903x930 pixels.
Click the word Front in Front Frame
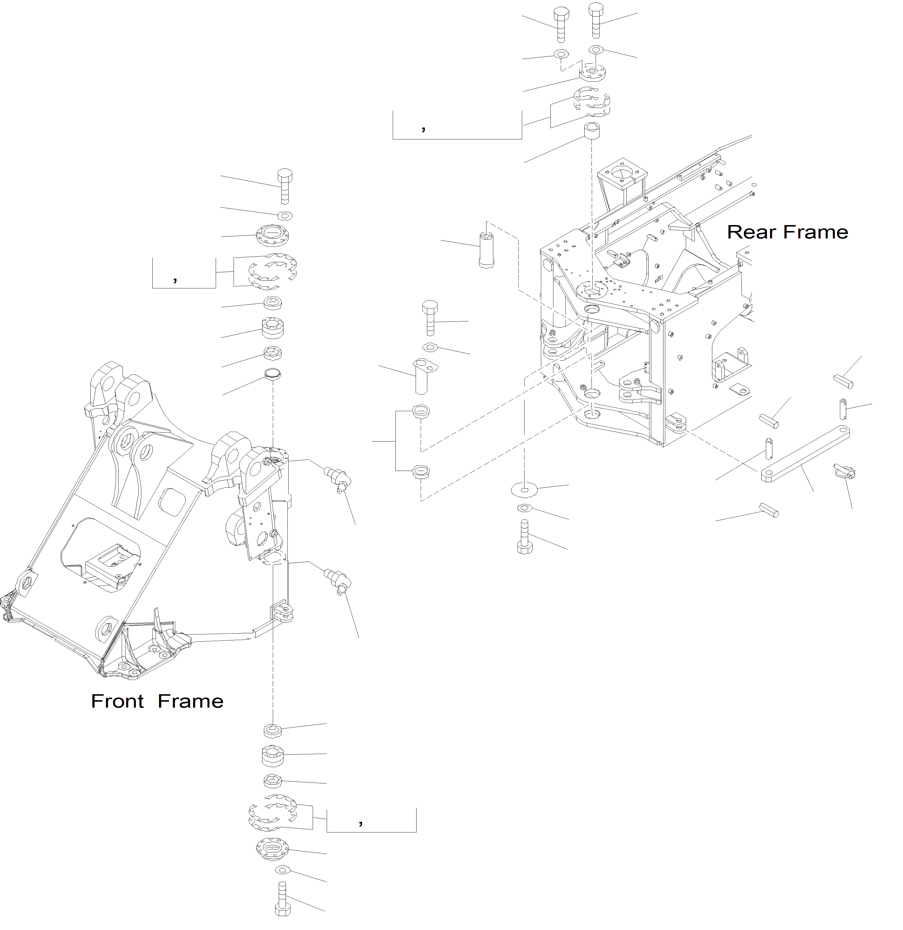(x=117, y=701)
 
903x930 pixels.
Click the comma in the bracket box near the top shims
(x=423, y=128)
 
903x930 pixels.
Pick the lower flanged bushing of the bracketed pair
(x=421, y=472)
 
